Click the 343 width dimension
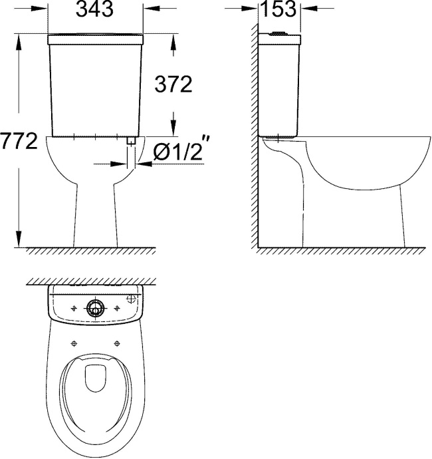96,9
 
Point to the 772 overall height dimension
19,142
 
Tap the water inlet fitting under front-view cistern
131,142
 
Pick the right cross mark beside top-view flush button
118,307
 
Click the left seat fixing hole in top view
73,343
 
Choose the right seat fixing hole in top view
118,343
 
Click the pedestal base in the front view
96,220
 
